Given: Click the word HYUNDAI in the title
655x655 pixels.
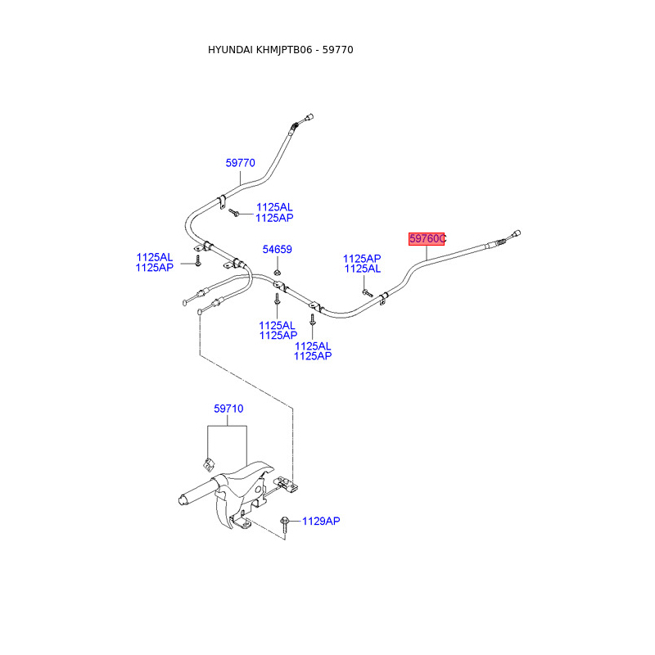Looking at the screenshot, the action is point(232,50).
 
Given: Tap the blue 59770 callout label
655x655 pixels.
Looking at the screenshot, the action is point(241,163).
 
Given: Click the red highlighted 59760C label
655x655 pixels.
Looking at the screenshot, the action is point(427,238).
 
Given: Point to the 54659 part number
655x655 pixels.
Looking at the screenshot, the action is point(277,250).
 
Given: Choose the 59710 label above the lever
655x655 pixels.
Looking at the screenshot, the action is point(228,409).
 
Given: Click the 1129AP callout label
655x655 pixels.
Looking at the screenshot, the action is point(321,521).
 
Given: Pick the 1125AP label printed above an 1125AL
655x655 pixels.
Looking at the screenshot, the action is point(362,258).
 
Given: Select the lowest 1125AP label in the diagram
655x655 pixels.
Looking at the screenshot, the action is point(312,356).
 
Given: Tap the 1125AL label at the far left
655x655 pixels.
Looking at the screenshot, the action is point(155,257).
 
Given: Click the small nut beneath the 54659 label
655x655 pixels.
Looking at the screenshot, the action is point(278,272).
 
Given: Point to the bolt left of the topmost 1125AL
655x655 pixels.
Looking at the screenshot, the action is point(234,213).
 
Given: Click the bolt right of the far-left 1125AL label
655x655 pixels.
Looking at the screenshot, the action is point(197,261).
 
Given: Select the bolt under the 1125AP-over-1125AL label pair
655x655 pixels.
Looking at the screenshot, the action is point(366,291).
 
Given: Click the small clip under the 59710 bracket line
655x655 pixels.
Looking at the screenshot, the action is point(208,461).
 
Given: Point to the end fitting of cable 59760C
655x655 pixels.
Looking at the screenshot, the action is point(515,234).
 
